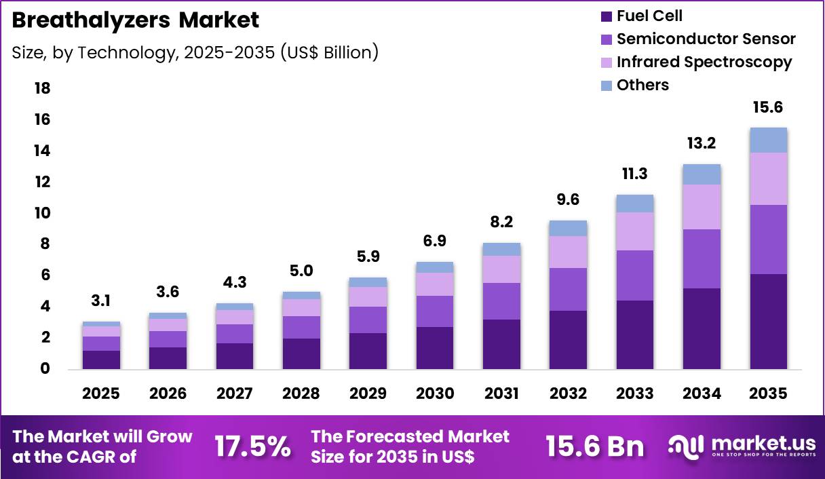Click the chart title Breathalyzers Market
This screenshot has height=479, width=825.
[x=135, y=20]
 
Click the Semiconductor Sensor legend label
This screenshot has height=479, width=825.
[x=706, y=39]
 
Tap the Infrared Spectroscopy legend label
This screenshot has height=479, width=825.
[x=704, y=62]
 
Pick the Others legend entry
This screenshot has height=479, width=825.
[x=642, y=85]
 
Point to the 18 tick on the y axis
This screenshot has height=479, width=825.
[x=41, y=89]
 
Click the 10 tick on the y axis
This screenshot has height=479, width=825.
[x=41, y=213]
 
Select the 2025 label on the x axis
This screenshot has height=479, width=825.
[x=101, y=394]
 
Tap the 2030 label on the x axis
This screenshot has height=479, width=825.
[x=434, y=394]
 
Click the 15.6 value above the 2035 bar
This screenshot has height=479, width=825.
[x=768, y=108]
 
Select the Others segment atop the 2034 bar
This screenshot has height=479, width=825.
[x=702, y=174]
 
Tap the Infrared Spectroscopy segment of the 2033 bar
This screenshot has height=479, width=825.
[x=635, y=231]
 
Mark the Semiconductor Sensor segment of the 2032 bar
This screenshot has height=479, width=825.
[x=568, y=289]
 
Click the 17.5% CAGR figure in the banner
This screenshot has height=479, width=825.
[x=252, y=446]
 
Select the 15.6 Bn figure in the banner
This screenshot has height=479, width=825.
[x=594, y=446]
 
